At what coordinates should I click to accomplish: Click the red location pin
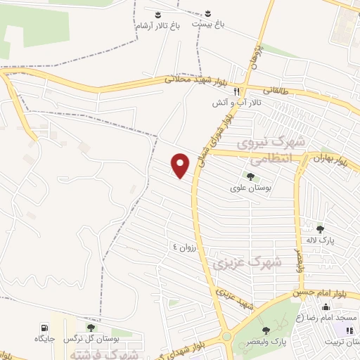181,165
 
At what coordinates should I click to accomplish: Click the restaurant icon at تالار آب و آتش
238,91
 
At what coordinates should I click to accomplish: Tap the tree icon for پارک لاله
321,229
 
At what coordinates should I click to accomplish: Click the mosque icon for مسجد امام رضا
325,307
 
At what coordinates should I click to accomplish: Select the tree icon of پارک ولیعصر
265,330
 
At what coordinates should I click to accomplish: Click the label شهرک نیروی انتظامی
271,150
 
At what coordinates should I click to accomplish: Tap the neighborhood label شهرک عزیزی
246,264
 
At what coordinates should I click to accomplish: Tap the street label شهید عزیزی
234,300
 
